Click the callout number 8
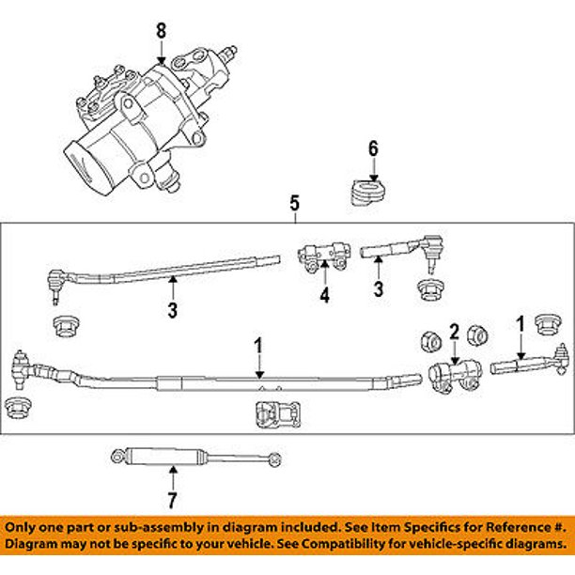point(161,30)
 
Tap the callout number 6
point(373,148)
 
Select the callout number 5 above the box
point(294,202)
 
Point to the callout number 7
point(172,498)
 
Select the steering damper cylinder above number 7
point(164,457)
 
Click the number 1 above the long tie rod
point(259,347)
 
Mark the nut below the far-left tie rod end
point(16,406)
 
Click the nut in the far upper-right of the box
point(545,324)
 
